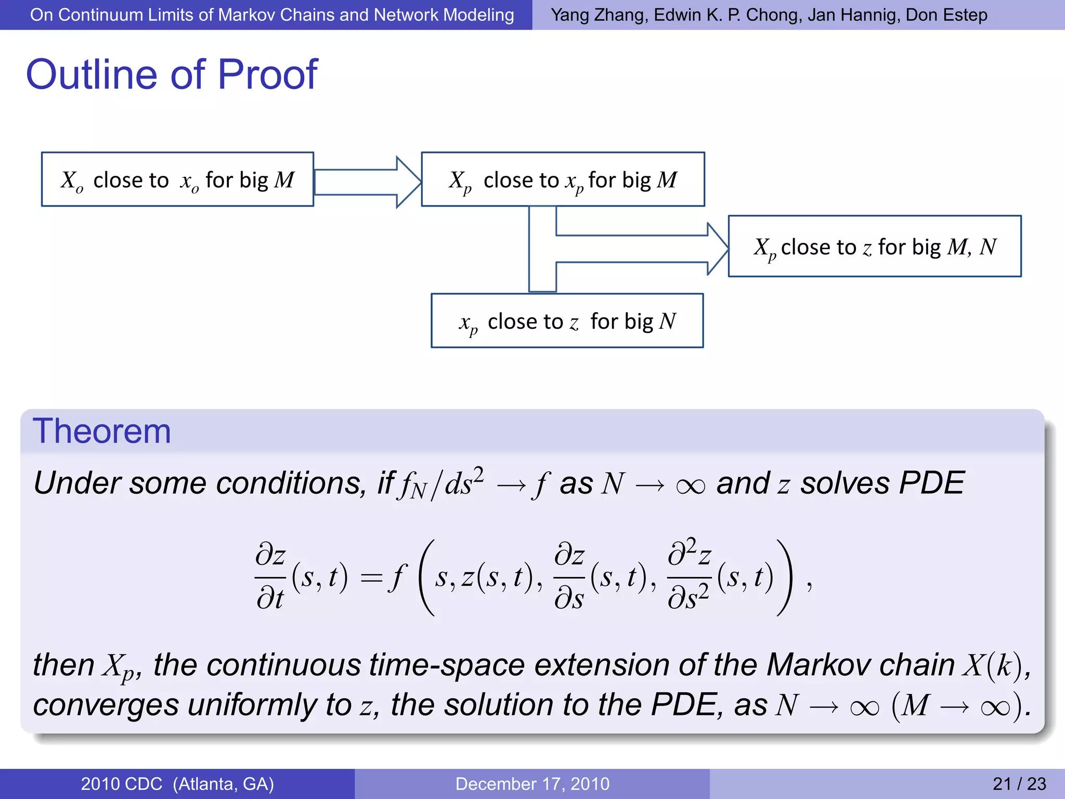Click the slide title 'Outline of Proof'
tap(172, 74)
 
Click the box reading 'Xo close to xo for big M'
tap(177, 179)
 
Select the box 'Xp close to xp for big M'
tap(563, 179)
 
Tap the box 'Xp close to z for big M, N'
tap(874, 247)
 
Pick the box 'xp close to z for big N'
tap(567, 321)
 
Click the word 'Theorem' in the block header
tap(102, 431)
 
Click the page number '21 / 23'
tap(1019, 783)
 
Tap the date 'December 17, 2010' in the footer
tap(532, 783)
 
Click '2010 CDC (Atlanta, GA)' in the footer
tap(177, 783)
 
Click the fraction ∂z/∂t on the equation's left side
tap(270, 576)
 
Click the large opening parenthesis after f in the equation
tap(426, 577)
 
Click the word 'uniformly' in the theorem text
tap(252, 705)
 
